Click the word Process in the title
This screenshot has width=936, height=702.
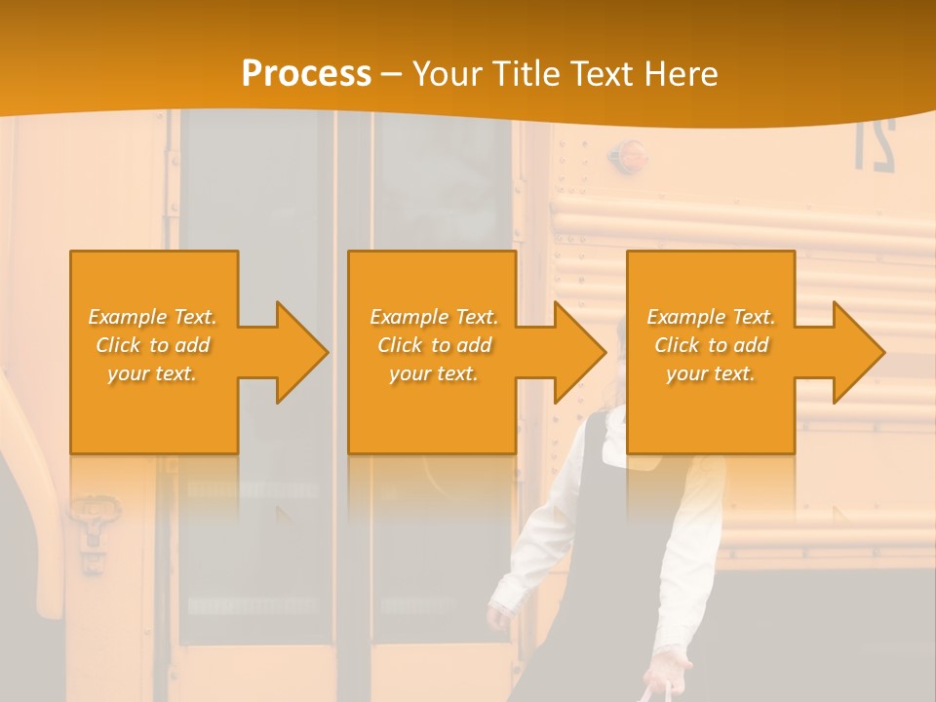(x=306, y=73)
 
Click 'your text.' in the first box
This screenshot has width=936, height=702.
(x=152, y=372)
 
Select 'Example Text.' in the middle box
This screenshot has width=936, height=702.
(x=433, y=317)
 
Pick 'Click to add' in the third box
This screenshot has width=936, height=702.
(x=711, y=345)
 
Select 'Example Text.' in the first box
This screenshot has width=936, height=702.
(x=152, y=317)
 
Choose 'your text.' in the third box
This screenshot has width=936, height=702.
(x=711, y=372)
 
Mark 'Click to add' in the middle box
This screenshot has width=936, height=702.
(x=433, y=345)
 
